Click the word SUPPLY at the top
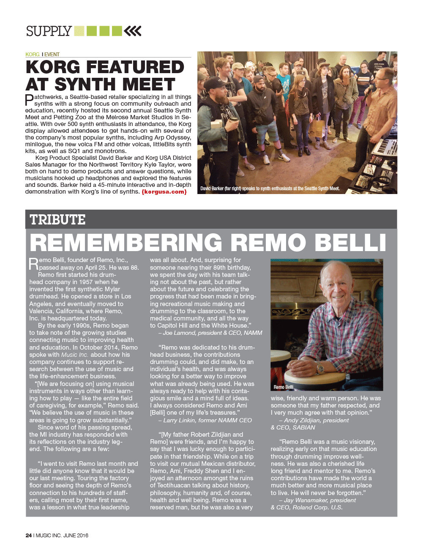point(49,31)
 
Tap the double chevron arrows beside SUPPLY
point(133,31)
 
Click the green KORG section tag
point(32,55)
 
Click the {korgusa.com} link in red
point(164,192)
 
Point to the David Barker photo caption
point(270,189)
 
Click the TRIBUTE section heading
point(57,220)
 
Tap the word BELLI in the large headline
point(350,243)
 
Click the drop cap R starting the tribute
point(33,264)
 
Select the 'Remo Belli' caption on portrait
point(283,387)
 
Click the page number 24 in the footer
point(28,535)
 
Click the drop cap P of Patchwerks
point(29,100)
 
